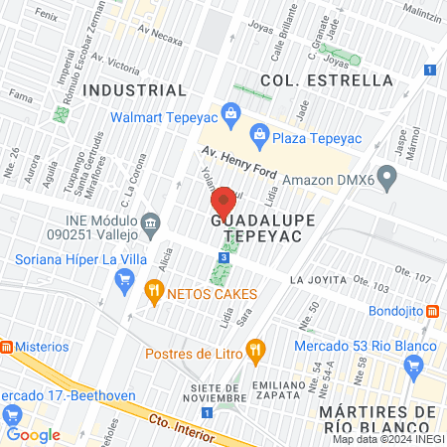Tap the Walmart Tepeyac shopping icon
pyautogui.click(x=230, y=111)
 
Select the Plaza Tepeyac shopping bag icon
pyautogui.click(x=258, y=132)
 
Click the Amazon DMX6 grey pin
pyautogui.click(x=387, y=180)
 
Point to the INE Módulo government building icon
pyautogui.click(x=150, y=222)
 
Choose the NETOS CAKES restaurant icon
pyautogui.click(x=153, y=293)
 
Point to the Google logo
pyautogui.click(x=33, y=434)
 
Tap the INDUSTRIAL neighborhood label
pyautogui.click(x=135, y=89)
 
